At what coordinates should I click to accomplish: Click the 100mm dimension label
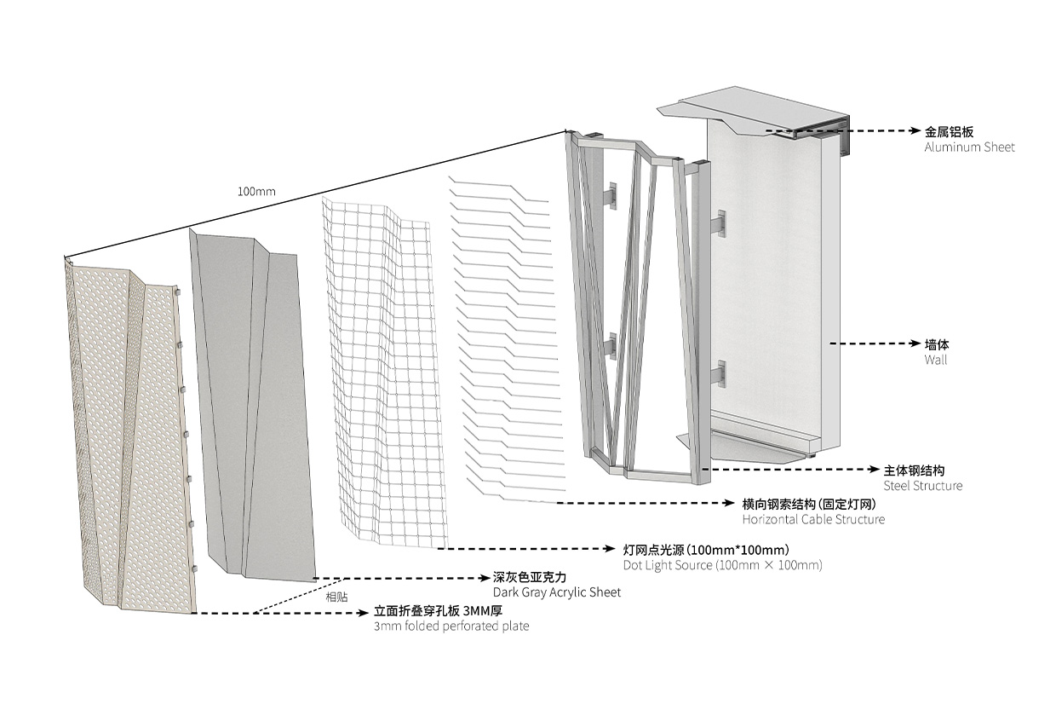click(x=256, y=192)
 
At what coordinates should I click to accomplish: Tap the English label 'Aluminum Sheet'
click(x=969, y=147)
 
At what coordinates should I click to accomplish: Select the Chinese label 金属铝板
click(x=949, y=131)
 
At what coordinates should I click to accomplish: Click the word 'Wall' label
click(x=935, y=360)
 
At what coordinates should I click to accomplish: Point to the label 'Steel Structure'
click(x=922, y=486)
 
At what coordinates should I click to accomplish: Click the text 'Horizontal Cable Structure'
click(x=813, y=519)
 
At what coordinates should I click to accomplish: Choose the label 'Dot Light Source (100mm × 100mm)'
click(x=723, y=565)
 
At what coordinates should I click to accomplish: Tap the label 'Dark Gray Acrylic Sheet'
click(x=557, y=592)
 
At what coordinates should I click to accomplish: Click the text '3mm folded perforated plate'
click(x=451, y=626)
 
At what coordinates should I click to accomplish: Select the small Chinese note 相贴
click(x=336, y=597)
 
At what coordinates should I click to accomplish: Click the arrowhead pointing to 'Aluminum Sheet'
click(x=916, y=130)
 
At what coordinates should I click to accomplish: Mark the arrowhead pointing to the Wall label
click(x=916, y=343)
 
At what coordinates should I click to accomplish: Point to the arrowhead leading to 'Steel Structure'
click(x=875, y=470)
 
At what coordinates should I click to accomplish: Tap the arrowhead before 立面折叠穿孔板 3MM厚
click(x=364, y=614)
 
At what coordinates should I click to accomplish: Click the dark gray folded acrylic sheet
click(x=255, y=406)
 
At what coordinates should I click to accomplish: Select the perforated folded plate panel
click(x=129, y=439)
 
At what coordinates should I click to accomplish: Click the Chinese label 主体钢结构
click(x=914, y=470)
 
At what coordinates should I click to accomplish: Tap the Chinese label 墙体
click(x=937, y=344)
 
